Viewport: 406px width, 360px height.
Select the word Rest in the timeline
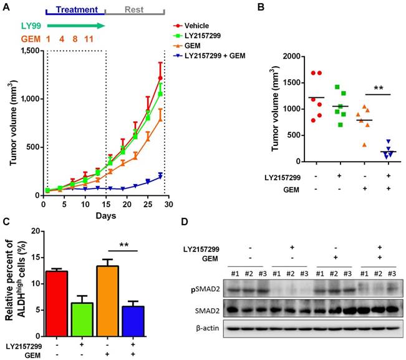pos(134,10)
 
